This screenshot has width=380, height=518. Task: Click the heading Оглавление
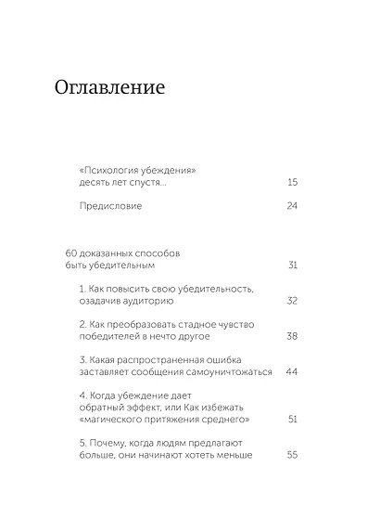tap(109, 89)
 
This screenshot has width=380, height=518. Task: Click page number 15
tap(293, 183)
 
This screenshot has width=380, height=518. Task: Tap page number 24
tap(293, 205)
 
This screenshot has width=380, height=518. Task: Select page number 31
tap(293, 265)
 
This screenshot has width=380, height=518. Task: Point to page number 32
tap(293, 301)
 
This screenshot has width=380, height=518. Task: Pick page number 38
tap(293, 336)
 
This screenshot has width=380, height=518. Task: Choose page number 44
tap(293, 371)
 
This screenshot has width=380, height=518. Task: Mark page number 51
tap(293, 420)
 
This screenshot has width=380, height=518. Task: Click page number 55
tap(293, 455)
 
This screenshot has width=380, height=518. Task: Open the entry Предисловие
tap(111, 205)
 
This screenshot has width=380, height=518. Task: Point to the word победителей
tap(112, 336)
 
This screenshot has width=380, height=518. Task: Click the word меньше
tap(231, 455)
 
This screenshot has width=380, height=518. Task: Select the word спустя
tap(145, 183)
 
